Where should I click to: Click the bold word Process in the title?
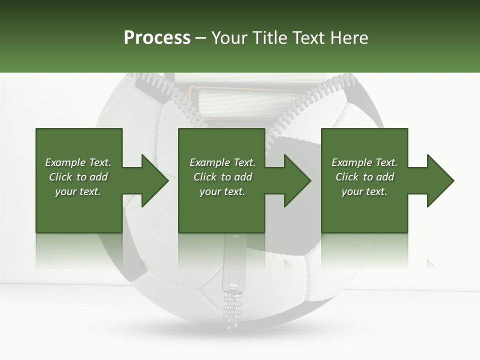coord(157,38)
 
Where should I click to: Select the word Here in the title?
coord(349,38)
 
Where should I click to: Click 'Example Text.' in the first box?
coord(78,162)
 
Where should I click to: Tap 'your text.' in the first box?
coord(78,191)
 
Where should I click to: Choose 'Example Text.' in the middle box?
coord(222,162)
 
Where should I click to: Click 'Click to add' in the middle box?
coord(222,177)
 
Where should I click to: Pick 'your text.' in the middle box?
coord(222,191)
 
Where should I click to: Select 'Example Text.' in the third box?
coord(364,162)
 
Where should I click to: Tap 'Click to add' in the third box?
coord(364,177)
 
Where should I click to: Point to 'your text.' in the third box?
coord(364,191)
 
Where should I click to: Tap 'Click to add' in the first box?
coord(78,177)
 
